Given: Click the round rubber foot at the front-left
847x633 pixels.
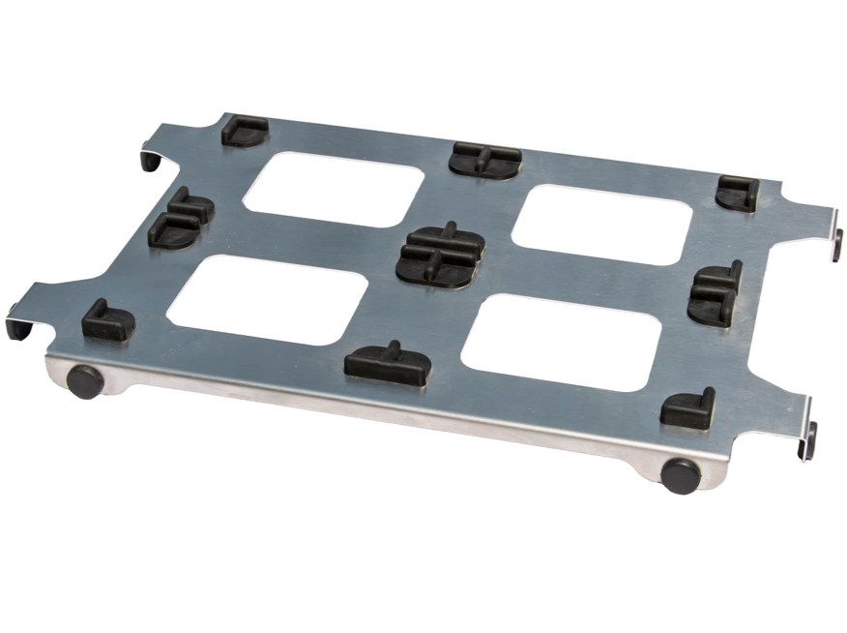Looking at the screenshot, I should coord(85,381).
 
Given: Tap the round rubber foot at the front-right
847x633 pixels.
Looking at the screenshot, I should coord(681,475).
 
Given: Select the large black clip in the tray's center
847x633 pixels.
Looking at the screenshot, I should coord(441,255).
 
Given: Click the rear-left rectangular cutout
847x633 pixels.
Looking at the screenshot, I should coord(334,189).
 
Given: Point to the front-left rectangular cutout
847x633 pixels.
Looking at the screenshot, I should coord(268,299).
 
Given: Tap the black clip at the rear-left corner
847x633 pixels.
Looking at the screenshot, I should coord(245,131).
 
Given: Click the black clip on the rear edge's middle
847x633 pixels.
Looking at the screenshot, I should coord(484,159).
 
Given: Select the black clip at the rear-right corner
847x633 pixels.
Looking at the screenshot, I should coord(738,194).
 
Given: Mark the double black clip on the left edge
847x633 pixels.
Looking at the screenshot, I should coord(181,220).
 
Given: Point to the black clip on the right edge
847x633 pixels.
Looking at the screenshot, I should coord(716,293).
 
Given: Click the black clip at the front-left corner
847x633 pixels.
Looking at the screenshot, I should coord(107,321).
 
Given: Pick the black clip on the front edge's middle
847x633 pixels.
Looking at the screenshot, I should coord(389,363).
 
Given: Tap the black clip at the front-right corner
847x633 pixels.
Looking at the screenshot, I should coord(689,409).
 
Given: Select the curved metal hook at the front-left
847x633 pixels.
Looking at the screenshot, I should coord(18,324).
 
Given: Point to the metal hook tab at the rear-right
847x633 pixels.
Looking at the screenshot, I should coord(836,243).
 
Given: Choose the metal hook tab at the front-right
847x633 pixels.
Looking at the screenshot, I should coord(808,441).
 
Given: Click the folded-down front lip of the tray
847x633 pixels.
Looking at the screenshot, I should coord(387,407).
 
